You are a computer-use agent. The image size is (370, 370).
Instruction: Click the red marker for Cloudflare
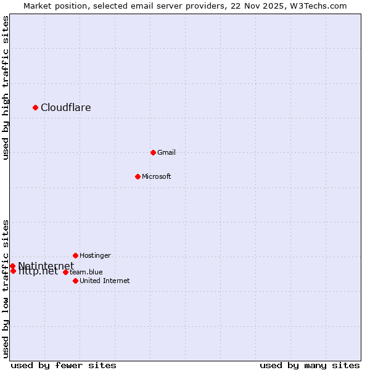[35, 107]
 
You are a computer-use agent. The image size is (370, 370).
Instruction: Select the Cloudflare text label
[66, 108]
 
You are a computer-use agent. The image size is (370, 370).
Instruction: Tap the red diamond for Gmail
[153, 152]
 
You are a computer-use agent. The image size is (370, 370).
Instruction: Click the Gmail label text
[166, 153]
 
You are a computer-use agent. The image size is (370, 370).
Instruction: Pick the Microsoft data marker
[138, 176]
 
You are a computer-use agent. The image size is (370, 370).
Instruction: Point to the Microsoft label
[157, 177]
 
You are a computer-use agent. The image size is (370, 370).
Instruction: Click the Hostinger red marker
[75, 255]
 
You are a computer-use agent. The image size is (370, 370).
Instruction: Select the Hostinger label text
[95, 256]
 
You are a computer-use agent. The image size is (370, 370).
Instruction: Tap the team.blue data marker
[65, 272]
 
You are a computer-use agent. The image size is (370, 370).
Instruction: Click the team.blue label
[86, 273]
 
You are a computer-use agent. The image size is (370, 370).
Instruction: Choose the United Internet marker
[75, 281]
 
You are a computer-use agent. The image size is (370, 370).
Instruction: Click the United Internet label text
[105, 281]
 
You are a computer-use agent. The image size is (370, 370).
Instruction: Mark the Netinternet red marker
[12, 266]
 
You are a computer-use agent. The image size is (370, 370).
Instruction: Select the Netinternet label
[46, 266]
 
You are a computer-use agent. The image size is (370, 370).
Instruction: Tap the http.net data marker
[13, 271]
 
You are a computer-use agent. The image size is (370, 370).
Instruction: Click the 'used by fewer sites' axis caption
[64, 366]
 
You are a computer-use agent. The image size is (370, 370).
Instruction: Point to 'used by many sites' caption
[310, 366]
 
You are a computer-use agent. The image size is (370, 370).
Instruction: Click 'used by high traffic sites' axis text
[6, 88]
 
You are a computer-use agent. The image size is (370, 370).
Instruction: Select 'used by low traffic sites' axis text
[6, 289]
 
